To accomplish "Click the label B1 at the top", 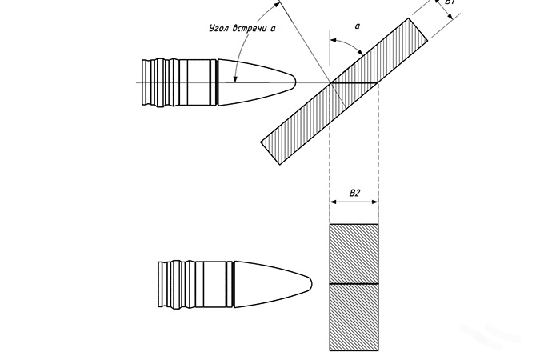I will point(450,4).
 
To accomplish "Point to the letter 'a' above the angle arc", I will point(357,26).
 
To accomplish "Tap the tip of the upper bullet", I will point(298,82).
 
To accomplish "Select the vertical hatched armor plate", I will point(354,288).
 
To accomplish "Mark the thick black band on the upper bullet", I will point(218,82).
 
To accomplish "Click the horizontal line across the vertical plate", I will point(354,283).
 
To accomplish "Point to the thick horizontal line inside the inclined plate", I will point(354,82).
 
